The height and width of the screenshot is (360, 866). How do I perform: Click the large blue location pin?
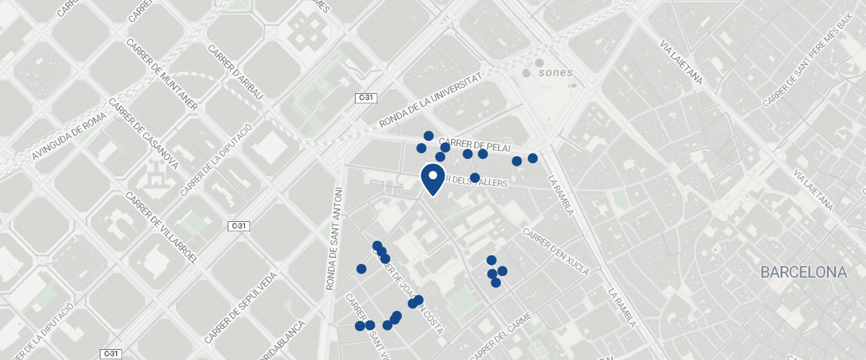tap(432, 179)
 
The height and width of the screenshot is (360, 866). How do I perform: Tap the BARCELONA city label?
tap(803, 273)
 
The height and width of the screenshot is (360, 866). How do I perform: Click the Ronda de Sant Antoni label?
tap(336, 239)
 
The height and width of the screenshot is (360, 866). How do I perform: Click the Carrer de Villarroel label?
tap(161, 228)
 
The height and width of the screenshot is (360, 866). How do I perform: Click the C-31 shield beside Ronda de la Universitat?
tap(366, 98)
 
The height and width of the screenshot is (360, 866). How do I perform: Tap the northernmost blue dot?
tap(429, 136)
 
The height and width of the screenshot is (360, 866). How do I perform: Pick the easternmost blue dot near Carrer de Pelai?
tap(533, 158)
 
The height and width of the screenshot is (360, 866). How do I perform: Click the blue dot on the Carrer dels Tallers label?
tap(475, 178)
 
